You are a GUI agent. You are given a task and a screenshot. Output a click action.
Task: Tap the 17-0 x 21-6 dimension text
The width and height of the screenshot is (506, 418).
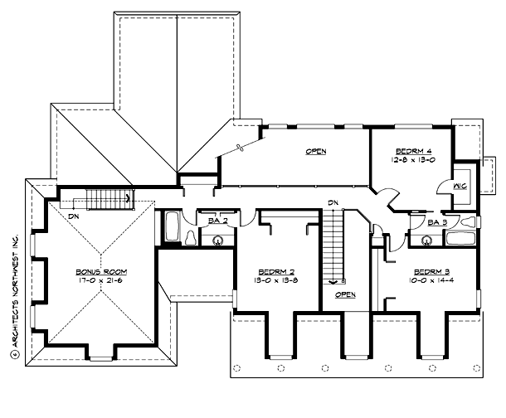[x=100, y=280]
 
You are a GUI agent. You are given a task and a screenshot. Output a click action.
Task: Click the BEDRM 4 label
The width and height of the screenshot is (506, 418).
[x=410, y=151]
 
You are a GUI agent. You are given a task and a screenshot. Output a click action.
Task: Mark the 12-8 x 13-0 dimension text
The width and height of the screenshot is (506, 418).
[x=410, y=159]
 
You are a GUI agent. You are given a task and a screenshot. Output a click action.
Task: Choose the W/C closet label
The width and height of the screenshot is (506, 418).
[x=460, y=187]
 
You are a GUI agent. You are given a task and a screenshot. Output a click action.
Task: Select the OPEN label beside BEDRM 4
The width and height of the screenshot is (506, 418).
[x=315, y=152]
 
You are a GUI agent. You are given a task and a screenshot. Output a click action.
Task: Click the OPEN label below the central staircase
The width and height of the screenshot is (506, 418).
[x=345, y=294]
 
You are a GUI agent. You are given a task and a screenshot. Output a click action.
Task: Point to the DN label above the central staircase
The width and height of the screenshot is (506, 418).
[x=333, y=202]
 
